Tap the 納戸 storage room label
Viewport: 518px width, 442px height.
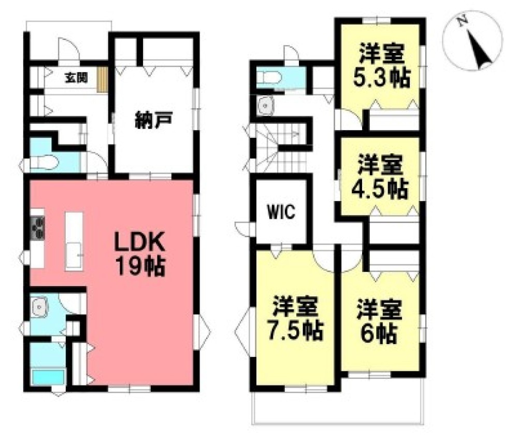(153, 122)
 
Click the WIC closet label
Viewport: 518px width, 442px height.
(281, 211)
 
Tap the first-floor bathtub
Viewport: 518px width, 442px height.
(48, 377)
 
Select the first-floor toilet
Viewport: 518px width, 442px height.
(41, 163)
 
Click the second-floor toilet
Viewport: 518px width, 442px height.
(269, 78)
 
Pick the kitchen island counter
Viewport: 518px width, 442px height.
(74, 239)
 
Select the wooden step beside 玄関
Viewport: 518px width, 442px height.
(103, 80)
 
